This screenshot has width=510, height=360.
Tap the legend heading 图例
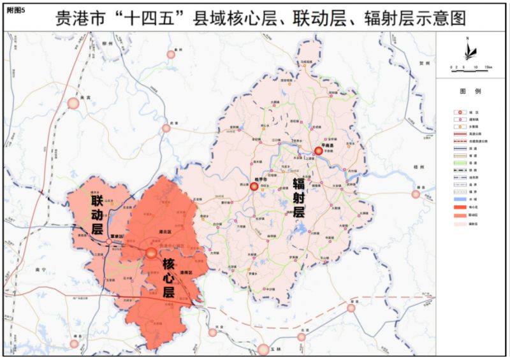click(x=472, y=91)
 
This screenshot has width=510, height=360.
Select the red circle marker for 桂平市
click(x=254, y=187)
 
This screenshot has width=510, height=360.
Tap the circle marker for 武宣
click(x=166, y=128)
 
